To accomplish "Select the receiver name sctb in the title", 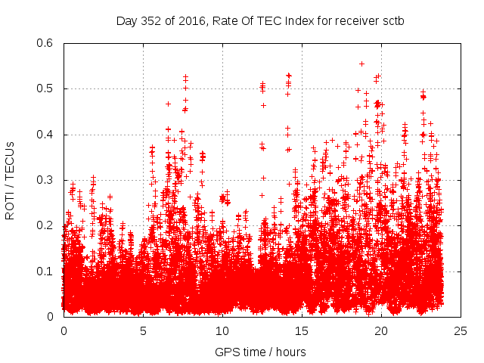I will (392, 20).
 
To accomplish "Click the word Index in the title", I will (302, 20).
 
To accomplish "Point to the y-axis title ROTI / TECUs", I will (11, 180).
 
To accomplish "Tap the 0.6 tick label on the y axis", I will (45, 43).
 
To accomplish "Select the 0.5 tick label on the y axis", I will (45, 88).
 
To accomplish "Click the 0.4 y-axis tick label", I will (45, 135).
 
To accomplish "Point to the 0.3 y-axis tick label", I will (45, 180).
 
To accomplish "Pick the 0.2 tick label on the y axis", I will (45, 225).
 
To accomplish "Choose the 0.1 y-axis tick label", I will (45, 271).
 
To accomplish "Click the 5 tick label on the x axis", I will (143, 330).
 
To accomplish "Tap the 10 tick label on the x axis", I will (222, 330).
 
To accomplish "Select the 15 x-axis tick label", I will (302, 330).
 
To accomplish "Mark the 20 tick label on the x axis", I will (381, 330).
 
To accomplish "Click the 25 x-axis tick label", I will (461, 330).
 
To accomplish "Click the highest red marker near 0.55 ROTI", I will (362, 64).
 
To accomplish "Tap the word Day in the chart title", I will (126, 20).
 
